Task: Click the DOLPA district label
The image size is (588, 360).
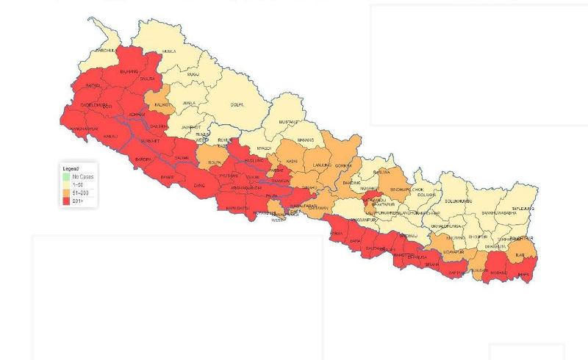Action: (237, 105)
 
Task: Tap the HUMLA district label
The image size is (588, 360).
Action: (169, 51)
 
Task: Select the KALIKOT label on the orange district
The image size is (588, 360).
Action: (162, 105)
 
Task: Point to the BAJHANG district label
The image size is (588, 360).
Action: (129, 71)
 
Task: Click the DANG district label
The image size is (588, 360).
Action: (199, 186)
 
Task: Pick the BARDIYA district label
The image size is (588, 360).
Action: (143, 159)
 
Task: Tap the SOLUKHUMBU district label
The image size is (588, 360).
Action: (459, 201)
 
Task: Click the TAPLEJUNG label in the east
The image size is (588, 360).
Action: (523, 209)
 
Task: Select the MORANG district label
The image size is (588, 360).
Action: (498, 273)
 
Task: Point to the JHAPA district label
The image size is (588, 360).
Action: (523, 275)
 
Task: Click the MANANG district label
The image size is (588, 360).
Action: (305, 140)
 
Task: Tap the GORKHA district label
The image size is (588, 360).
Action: (343, 166)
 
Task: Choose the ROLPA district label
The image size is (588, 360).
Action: (215, 162)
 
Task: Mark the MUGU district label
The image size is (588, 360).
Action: (193, 74)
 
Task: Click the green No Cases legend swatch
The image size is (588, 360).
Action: (66, 177)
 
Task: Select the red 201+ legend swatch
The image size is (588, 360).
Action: (66, 201)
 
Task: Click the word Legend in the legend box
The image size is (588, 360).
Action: (71, 169)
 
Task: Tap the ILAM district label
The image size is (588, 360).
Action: (520, 255)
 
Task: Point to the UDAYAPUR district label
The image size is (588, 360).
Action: (456, 252)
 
